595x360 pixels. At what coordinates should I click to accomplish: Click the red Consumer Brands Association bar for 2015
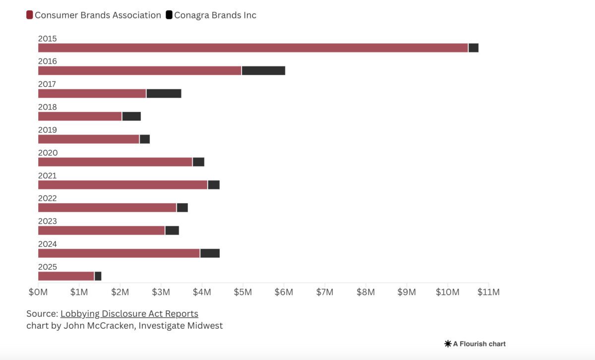tap(253, 48)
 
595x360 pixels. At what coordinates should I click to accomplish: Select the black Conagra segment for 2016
tap(263, 71)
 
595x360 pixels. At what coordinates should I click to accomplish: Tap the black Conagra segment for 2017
tap(164, 94)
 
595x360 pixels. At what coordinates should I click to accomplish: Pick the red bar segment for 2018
tap(80, 117)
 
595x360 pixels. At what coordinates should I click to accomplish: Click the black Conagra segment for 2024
tap(210, 253)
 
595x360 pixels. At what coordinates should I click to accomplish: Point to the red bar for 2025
tap(66, 276)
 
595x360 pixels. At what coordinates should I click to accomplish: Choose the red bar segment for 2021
tap(122, 185)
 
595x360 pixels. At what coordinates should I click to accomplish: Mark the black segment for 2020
tap(198, 162)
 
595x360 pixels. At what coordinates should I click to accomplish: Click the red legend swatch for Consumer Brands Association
tap(30, 15)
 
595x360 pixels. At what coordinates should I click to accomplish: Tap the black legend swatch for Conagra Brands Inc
tap(169, 15)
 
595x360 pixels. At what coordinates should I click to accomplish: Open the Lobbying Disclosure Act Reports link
tap(129, 313)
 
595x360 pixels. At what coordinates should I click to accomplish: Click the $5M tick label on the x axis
tap(242, 292)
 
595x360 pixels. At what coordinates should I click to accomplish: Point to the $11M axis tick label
tap(488, 292)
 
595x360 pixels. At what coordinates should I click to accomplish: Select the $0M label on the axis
tap(38, 292)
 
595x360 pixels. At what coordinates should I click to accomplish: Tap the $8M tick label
tap(365, 292)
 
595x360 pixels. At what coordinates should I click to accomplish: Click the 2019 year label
tap(48, 130)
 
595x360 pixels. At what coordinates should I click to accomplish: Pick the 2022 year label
tap(48, 198)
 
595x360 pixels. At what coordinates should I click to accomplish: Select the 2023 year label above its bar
tap(48, 221)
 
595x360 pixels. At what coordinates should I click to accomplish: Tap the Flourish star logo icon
tap(448, 344)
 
